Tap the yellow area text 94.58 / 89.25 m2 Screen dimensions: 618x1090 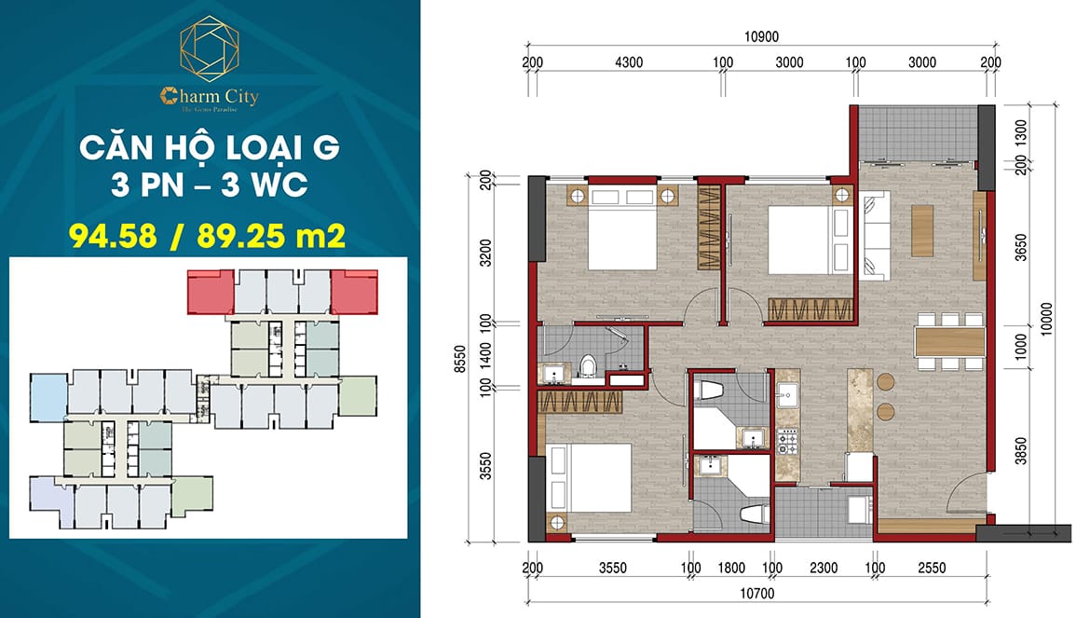click(209, 234)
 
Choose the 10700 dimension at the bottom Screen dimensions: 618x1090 click(756, 593)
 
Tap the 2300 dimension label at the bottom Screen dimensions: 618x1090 click(824, 567)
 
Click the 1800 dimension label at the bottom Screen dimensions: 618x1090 click(732, 567)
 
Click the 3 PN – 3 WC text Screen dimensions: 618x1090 click(209, 185)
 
